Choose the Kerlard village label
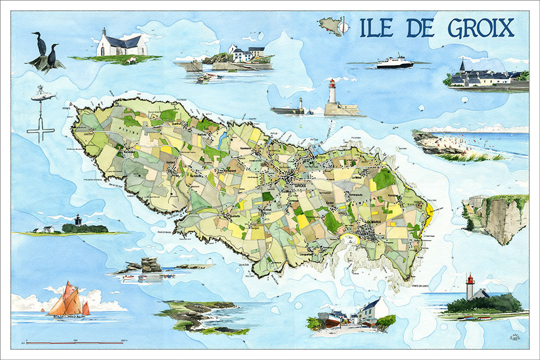click(x=172, y=162)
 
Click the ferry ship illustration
click(x=395, y=62)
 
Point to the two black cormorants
click(x=45, y=52)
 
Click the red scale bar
click(x=76, y=343)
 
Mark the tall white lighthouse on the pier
click(x=332, y=93)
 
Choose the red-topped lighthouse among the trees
click(x=470, y=287)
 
